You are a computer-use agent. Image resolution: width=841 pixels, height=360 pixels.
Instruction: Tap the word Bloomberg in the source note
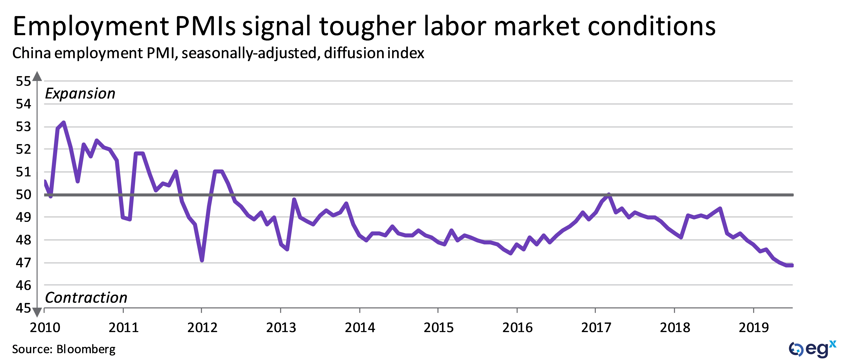tap(86, 349)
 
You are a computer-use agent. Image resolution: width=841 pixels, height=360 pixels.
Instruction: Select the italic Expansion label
tap(80, 94)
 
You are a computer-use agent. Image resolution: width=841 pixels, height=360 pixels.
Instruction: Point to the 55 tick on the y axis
tap(23, 81)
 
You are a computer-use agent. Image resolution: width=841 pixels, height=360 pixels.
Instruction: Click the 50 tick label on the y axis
tap(23, 195)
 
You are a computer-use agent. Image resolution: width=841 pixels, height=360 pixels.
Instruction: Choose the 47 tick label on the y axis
tap(23, 263)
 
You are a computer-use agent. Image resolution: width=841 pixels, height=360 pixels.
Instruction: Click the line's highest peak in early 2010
tap(64, 123)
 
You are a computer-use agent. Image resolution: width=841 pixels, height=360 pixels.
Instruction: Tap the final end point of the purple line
tap(792, 265)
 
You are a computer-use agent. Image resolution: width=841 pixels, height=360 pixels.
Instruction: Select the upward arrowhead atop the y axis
tap(37, 76)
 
